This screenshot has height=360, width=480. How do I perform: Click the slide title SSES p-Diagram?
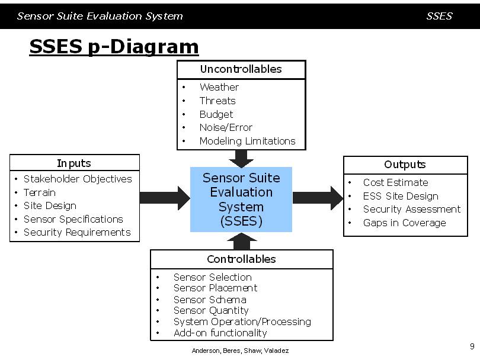click(x=114, y=47)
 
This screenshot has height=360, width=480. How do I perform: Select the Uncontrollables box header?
click(x=241, y=69)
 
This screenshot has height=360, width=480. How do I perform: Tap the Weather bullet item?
click(x=219, y=87)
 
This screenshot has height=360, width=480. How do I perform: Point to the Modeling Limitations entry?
click(x=247, y=141)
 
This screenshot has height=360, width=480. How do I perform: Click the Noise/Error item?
click(x=226, y=127)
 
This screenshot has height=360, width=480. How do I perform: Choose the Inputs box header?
click(x=75, y=163)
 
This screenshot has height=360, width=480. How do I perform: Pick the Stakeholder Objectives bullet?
click(x=78, y=179)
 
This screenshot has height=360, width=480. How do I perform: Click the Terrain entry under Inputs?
click(x=40, y=192)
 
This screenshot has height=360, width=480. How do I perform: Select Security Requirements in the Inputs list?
click(x=77, y=233)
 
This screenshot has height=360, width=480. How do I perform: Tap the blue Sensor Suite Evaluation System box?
click(x=241, y=200)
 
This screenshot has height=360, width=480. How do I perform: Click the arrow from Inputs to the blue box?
click(x=165, y=198)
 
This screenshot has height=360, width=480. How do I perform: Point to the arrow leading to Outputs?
click(x=318, y=198)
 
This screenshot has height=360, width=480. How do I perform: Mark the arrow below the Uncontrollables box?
click(x=241, y=159)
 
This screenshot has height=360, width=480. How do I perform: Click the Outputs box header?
click(x=405, y=165)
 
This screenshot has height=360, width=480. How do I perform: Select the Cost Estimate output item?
click(x=395, y=182)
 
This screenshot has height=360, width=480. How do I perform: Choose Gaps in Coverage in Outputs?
click(x=404, y=223)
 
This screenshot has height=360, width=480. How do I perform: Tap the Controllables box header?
click(x=242, y=259)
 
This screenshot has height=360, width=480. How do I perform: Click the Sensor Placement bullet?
click(x=216, y=288)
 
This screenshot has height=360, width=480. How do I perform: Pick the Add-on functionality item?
click(x=220, y=333)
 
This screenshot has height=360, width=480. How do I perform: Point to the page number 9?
click(x=472, y=346)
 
